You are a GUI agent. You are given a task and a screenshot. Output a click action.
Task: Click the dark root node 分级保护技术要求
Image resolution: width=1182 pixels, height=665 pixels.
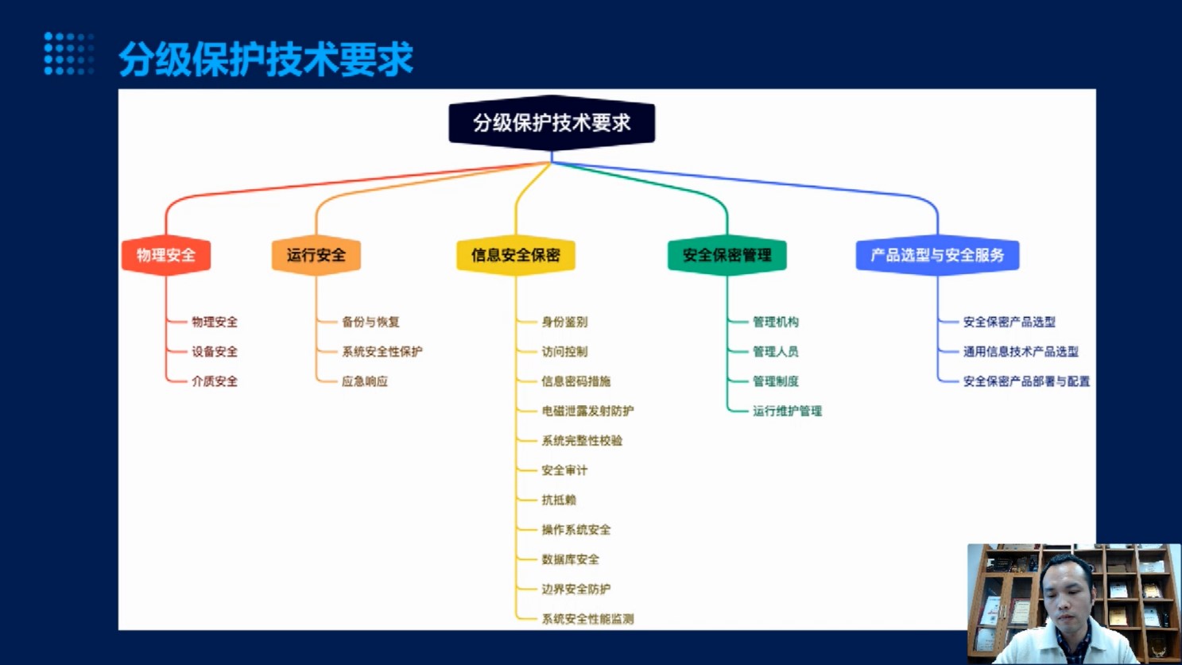[x=552, y=123]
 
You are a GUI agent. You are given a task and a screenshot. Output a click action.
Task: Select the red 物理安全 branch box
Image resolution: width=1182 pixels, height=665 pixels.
[x=166, y=255]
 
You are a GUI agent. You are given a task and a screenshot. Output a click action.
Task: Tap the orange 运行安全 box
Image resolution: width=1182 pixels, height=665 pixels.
[x=316, y=255]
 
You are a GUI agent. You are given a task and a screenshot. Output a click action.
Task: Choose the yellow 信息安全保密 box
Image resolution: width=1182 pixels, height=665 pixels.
[x=516, y=255]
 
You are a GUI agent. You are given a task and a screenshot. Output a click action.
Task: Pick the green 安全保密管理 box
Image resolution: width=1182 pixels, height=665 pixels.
[x=727, y=255]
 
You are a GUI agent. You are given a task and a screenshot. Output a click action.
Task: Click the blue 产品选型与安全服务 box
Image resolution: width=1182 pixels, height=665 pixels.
[x=938, y=255]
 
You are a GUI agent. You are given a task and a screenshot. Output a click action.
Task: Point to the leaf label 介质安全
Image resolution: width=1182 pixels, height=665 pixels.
[x=215, y=381]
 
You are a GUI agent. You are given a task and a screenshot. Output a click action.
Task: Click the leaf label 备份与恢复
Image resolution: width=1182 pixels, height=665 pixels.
[x=371, y=322]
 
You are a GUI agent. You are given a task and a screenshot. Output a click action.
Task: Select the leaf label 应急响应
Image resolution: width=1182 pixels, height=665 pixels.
[x=365, y=381]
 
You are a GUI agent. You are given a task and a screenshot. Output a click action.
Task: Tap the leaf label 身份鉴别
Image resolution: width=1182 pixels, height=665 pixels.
[x=564, y=322]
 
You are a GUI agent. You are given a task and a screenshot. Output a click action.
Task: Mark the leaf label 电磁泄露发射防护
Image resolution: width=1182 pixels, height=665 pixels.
[x=588, y=411]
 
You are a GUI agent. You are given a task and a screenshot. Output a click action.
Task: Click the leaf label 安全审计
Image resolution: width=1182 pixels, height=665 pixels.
[x=564, y=470]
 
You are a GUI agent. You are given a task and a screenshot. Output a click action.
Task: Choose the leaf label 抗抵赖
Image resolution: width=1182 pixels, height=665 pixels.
[x=559, y=500]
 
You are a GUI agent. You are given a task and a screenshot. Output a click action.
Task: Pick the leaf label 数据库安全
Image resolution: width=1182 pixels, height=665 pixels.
[x=571, y=559]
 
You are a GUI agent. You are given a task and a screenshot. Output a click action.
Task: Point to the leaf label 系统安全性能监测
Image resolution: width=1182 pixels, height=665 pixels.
[x=588, y=619]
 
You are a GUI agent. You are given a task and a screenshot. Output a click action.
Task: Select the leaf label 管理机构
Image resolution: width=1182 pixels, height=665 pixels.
[x=776, y=322]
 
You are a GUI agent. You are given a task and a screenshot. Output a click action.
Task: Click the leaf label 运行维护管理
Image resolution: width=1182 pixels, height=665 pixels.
[x=787, y=411]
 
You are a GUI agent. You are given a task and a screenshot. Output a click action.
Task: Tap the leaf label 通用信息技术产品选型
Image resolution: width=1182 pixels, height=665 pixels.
[x=1021, y=351]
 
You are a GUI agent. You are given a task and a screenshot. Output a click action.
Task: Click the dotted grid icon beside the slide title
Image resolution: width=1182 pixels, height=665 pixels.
[x=69, y=54]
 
